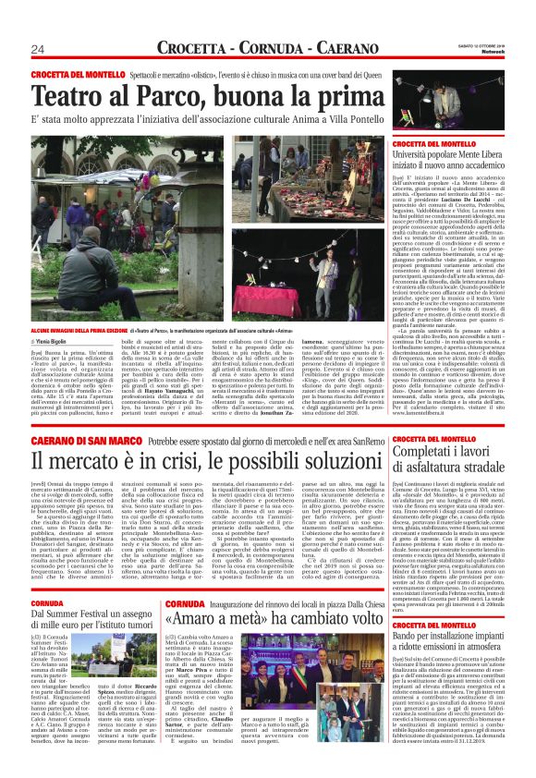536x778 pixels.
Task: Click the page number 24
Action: [x=38, y=48]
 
